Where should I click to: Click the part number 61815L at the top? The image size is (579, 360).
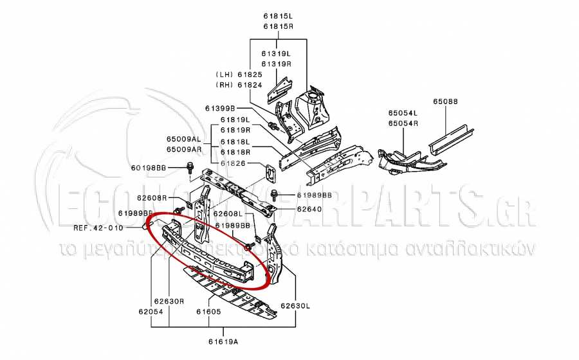pos(277,15)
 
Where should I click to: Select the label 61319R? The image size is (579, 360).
pos(276,64)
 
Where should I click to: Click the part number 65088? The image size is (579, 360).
pos(445,102)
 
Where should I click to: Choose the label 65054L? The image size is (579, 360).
pos(403,113)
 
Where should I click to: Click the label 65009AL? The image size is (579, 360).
pos(183,139)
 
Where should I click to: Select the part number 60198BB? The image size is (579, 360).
pos(149,168)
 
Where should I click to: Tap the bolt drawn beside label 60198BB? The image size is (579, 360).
pos(190,168)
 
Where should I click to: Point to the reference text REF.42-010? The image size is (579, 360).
pos(97,228)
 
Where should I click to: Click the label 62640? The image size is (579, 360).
pos(309,209)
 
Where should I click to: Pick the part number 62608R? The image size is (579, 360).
pos(152,198)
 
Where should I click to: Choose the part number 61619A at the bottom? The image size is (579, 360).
pos(223,341)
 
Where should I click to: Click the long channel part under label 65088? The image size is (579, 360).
pos(453,139)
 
